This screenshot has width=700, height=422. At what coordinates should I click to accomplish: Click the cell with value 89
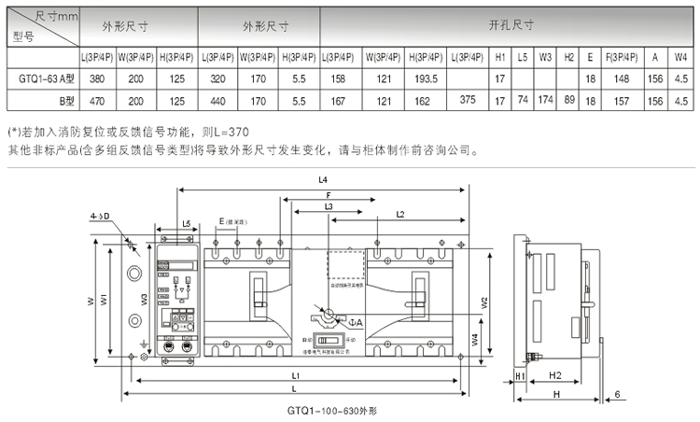(569, 99)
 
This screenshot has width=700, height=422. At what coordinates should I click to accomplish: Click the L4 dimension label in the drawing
(323, 177)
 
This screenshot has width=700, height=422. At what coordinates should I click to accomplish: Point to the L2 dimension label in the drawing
(399, 215)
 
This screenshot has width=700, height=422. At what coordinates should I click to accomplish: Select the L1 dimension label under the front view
(296, 375)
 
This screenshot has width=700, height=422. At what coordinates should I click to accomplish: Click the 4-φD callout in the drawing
(101, 217)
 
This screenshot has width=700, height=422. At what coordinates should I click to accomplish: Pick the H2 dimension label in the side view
(553, 374)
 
